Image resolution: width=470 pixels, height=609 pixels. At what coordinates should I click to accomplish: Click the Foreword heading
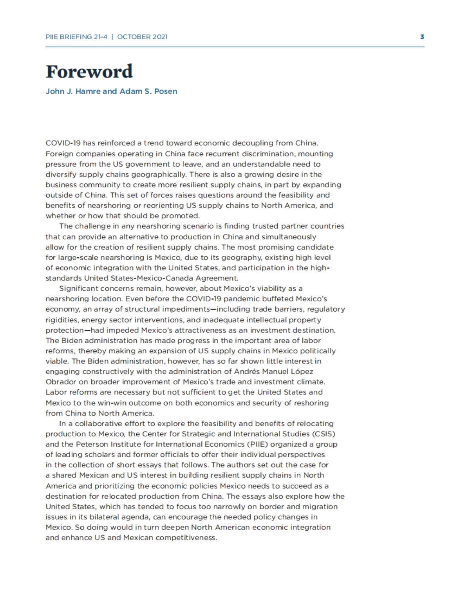pos(89,72)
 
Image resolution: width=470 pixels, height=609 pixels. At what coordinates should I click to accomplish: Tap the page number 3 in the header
pos(422,37)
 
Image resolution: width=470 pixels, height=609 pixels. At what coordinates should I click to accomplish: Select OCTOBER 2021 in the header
pos(142,37)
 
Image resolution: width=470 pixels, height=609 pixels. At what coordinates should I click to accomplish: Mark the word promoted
pos(183,216)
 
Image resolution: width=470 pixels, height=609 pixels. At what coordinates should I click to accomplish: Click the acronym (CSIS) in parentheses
pos(324,434)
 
